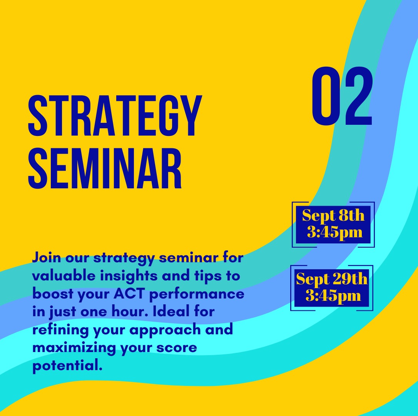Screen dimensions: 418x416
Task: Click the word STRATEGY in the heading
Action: click(x=115, y=116)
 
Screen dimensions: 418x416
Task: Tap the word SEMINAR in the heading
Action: click(x=105, y=168)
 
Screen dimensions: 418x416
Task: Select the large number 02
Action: click(x=342, y=96)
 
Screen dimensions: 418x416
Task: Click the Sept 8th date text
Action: click(x=333, y=216)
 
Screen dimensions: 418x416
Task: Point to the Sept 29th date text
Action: click(x=332, y=279)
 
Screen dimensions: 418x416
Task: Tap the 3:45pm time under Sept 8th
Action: click(x=335, y=232)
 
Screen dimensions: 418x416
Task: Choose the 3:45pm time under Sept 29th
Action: click(x=333, y=295)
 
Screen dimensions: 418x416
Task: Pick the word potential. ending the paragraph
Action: click(x=67, y=366)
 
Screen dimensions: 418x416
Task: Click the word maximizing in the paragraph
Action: click(x=74, y=348)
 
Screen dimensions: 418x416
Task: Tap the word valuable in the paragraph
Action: click(x=64, y=276)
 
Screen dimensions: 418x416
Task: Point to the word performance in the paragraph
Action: click(x=197, y=294)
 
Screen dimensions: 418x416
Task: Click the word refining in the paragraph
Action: click(x=60, y=330)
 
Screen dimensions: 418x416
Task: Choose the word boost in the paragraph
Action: click(x=53, y=294)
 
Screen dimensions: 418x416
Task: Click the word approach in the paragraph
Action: click(x=165, y=330)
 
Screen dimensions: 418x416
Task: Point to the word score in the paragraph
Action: click(x=177, y=348)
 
